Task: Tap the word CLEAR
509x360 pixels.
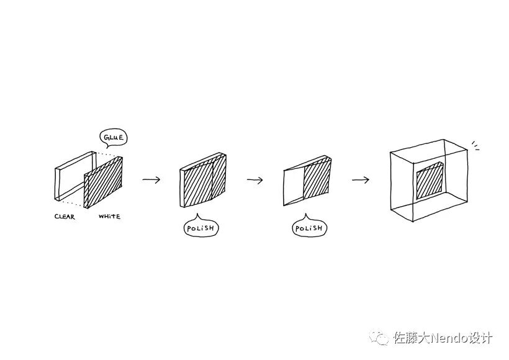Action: (x=65, y=217)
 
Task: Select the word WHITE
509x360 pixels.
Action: (x=109, y=217)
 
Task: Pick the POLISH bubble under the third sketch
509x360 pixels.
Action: (x=309, y=228)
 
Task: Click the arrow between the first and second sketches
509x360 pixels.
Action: (x=151, y=180)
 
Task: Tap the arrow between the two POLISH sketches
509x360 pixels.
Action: (x=255, y=180)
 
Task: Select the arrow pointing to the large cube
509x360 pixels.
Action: (x=360, y=180)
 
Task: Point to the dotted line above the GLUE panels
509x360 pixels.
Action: (x=107, y=153)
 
